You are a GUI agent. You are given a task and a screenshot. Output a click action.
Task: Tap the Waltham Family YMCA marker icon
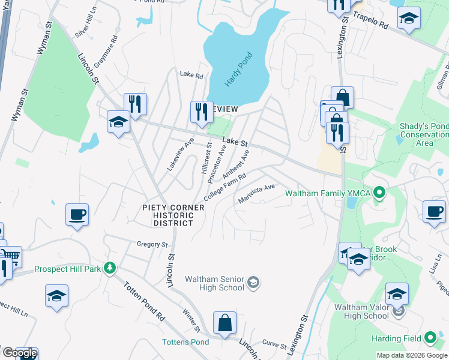pyautogui.click(x=379, y=193)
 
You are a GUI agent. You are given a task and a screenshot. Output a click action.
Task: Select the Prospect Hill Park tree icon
pyautogui.click(x=109, y=268)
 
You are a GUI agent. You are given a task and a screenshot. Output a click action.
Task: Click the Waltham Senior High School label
pyautogui.click(x=214, y=283)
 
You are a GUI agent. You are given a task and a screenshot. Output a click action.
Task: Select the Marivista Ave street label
pyautogui.click(x=256, y=194)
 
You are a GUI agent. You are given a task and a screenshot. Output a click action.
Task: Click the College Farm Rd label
pyautogui.click(x=225, y=188)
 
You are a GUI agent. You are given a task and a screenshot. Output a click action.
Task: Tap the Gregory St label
pyautogui.click(x=152, y=244)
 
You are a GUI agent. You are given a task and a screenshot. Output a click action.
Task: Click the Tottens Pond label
pyautogui.click(x=185, y=342)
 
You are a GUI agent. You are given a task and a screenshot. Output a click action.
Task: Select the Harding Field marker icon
pyautogui.click(x=430, y=338)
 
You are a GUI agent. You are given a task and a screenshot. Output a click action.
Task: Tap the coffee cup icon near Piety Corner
pyautogui.click(x=77, y=214)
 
